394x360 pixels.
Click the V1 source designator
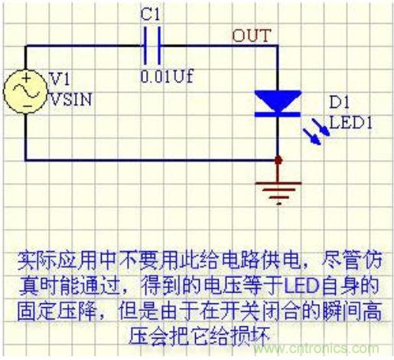[58, 78]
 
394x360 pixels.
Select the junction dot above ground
[277, 160]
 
